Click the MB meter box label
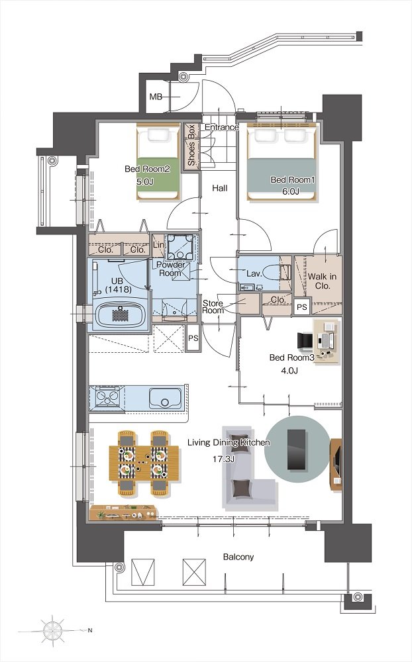pyautogui.click(x=156, y=97)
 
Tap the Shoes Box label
pyautogui.click(x=191, y=145)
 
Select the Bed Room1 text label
pyautogui.click(x=293, y=180)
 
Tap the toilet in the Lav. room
pyautogui.click(x=280, y=273)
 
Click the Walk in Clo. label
pyautogui.click(x=322, y=281)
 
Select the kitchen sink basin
pyautogui.click(x=165, y=398)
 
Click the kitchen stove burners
pyautogui.click(x=108, y=397)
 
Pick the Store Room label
pyautogui.click(x=213, y=307)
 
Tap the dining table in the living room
pyautogui.click(x=144, y=463)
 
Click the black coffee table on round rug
pyautogui.click(x=296, y=450)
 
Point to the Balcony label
pyautogui.click(x=238, y=557)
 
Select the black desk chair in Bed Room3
pyautogui.click(x=305, y=341)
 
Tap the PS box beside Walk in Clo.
pyautogui.click(x=301, y=307)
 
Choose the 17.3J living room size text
pyautogui.click(x=223, y=459)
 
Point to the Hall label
pyautogui.click(x=220, y=188)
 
